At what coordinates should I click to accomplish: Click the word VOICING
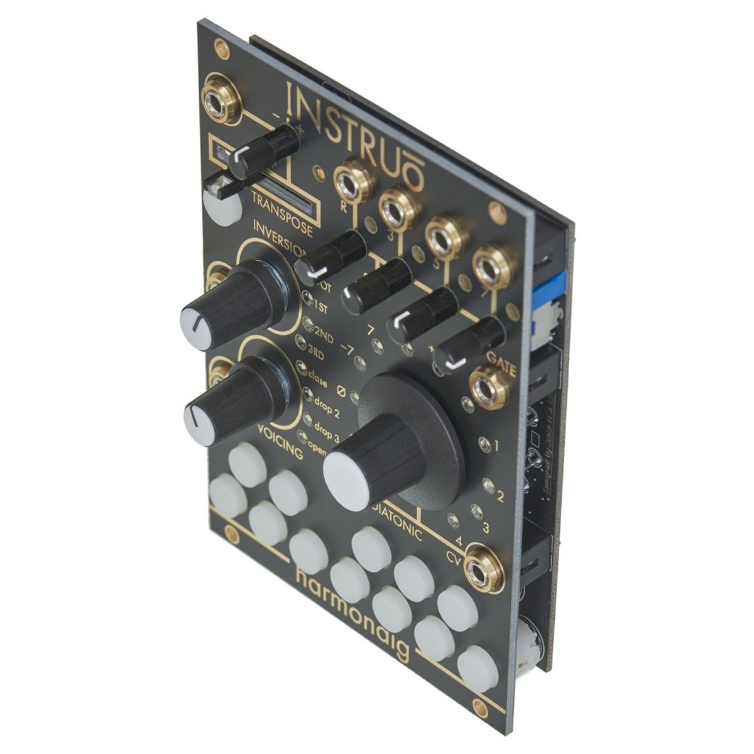280,442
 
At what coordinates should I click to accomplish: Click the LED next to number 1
483,444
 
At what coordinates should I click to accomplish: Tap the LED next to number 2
488,485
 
